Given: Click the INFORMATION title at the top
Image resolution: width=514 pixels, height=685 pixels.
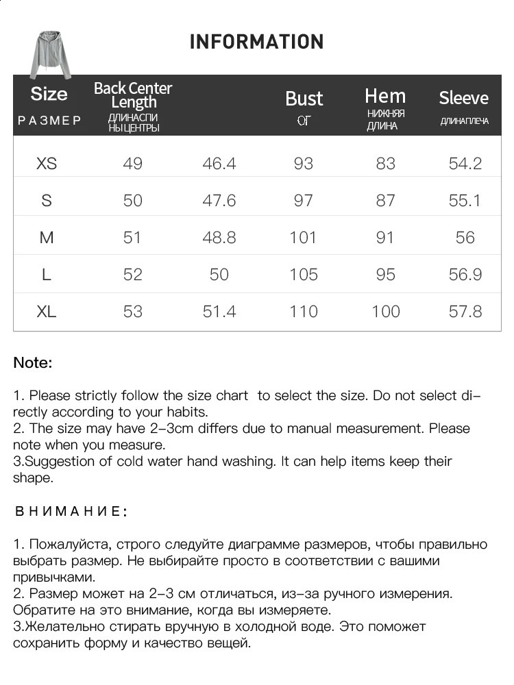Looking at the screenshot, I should tap(256, 42).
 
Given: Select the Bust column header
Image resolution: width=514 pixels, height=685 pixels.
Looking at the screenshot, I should tap(304, 99).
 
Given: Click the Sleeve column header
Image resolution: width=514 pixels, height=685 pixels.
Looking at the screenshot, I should tap(464, 98).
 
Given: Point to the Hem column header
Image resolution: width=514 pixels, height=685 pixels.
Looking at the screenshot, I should tap(385, 96).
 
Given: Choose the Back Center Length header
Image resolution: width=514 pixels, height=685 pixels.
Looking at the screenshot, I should tap(133, 95).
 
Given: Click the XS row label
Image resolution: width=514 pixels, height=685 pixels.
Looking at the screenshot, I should tap(47, 164).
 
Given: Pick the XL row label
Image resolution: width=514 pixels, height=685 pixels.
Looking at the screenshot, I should tap(47, 312).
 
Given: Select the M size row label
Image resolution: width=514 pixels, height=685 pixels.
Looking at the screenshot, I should tap(47, 238).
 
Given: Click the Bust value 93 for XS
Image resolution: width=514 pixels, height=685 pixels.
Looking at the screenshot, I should tap(303, 164).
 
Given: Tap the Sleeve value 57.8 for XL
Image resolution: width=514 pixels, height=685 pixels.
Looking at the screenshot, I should tap(465, 312).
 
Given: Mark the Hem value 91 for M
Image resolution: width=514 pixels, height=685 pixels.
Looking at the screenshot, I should tap(386, 238).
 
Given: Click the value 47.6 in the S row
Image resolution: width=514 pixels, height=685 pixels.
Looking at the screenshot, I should tap(219, 201).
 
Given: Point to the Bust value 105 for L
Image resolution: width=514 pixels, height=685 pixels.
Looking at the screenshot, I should tap(303, 275).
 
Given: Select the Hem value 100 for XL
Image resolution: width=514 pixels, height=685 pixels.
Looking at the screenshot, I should tap(386, 312).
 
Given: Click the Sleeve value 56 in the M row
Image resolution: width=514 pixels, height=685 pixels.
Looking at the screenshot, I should tap(465, 238).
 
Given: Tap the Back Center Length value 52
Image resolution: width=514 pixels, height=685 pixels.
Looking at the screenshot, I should tap(133, 275).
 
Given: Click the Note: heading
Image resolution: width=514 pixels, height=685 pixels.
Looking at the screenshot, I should tap(33, 363).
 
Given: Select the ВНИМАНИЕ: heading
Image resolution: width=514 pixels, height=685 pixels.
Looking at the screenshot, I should tap(70, 512).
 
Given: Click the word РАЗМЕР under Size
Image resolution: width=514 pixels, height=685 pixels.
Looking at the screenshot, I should tap(49, 121).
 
